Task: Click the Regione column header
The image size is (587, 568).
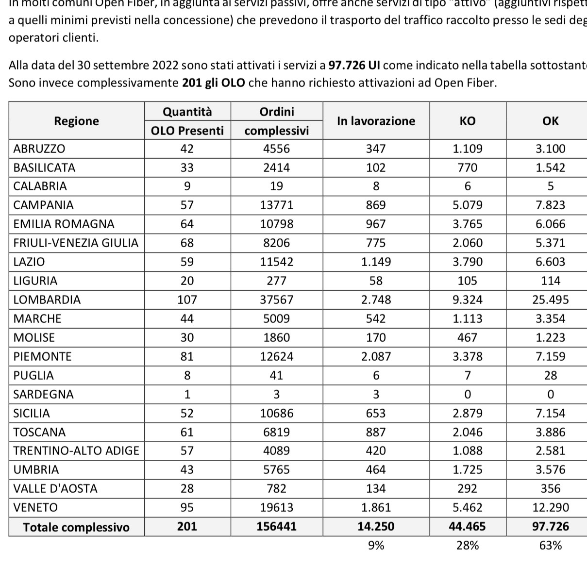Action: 76,121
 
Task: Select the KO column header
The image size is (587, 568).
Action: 467,121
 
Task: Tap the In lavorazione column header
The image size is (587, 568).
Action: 376,121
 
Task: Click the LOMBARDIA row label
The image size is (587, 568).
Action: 47,300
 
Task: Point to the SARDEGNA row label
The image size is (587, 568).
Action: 44,394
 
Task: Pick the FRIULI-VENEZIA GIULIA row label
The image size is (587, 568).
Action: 76,243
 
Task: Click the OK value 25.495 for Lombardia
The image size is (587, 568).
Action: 550,300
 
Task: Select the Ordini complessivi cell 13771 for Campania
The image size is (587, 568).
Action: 276,205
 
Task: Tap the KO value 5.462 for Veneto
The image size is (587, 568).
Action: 467,508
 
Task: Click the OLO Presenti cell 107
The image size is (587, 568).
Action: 187,300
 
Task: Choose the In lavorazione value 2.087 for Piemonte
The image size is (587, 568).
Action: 376,356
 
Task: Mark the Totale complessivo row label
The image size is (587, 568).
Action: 76,527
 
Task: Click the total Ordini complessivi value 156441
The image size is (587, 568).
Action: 276,527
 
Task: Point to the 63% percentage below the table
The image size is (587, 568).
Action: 550,546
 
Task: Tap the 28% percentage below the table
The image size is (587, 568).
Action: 467,546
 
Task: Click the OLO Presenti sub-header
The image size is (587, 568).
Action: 187,131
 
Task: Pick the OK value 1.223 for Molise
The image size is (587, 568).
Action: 550,337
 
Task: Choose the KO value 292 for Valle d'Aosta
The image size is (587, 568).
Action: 467,488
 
